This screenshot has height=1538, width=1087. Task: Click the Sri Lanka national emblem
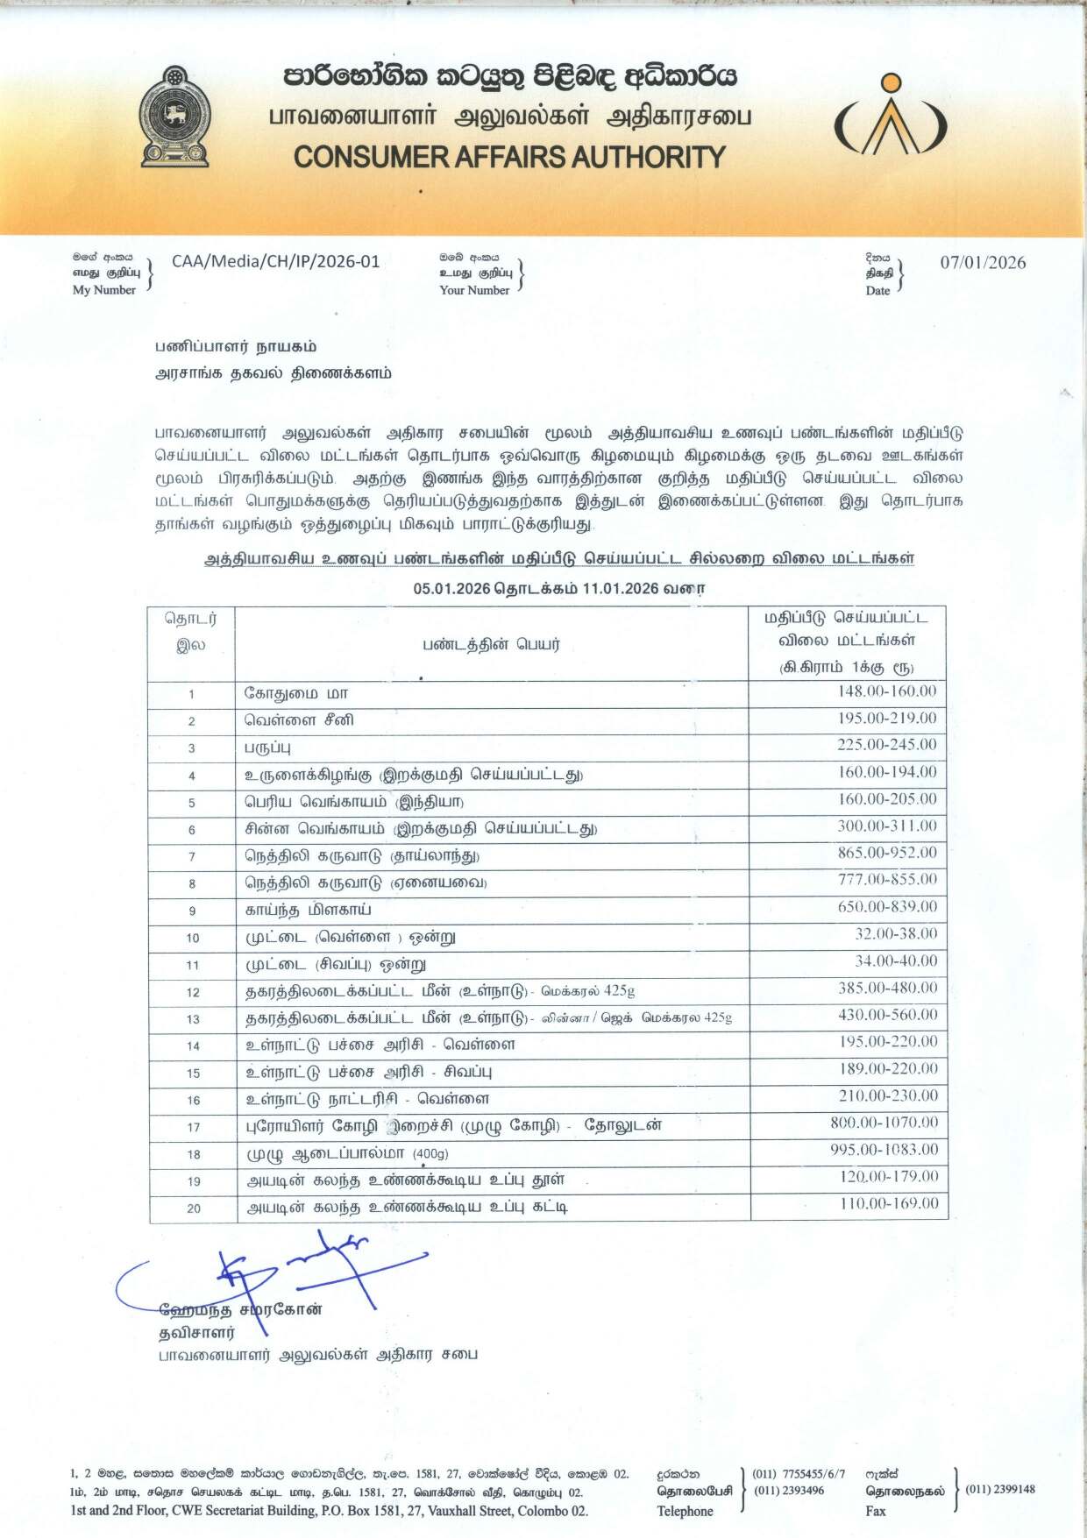coord(175,116)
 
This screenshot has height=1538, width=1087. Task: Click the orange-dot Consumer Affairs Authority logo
coord(890,117)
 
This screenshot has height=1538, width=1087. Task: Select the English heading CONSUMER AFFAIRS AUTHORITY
coord(509,158)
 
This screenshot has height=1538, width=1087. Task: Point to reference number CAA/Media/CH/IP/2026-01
coord(276,261)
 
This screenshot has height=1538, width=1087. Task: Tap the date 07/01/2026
coord(983,262)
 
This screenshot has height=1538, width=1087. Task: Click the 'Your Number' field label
coord(474,290)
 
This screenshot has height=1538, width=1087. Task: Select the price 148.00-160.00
coord(887,691)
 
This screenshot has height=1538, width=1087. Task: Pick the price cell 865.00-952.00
coord(887,852)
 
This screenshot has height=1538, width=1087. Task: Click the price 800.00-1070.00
coord(884,1122)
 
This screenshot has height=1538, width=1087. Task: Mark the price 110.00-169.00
coord(889,1203)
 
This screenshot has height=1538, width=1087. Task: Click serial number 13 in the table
coord(193,1019)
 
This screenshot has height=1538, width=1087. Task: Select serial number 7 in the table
coord(192,857)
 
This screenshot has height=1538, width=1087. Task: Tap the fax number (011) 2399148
coord(999,1489)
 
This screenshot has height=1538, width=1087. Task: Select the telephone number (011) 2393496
coord(788,1490)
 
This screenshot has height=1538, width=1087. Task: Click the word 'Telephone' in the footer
coord(685,1511)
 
